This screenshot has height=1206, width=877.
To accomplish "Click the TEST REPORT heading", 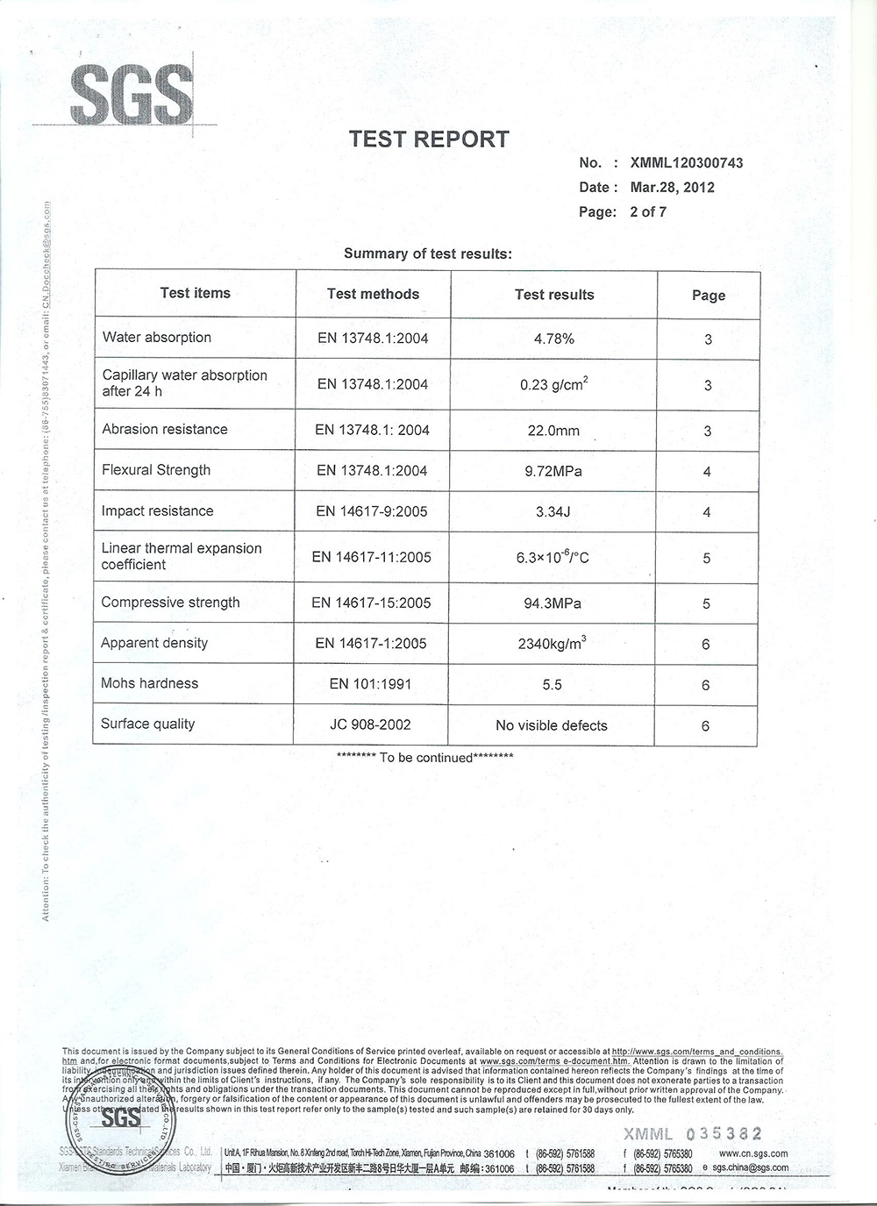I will coord(429,139).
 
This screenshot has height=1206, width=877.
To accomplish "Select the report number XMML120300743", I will coord(686,162).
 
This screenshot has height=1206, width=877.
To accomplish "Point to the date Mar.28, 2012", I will coord(672,187).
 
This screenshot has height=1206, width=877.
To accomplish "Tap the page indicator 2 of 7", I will coord(648,211).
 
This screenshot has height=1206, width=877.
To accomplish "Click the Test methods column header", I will coord(373,294).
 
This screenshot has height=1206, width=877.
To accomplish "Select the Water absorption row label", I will coord(157,337).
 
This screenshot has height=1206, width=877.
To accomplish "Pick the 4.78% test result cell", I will coord(553,339).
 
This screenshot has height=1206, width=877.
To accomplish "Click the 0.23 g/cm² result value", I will coord(553,384).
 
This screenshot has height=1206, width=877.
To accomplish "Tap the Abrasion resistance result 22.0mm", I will coord(553,431).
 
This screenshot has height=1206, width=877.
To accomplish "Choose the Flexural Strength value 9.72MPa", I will coord(553,471).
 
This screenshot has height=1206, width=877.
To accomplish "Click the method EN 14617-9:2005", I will coord(372,511).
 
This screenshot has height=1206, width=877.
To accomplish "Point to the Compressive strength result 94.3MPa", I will coord(553,603).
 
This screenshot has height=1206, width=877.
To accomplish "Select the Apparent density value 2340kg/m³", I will coord(552,644).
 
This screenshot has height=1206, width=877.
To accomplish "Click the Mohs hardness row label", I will coord(150,683).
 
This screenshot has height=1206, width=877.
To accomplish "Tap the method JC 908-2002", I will coord(371,724).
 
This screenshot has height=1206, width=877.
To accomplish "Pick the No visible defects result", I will coord(551,725).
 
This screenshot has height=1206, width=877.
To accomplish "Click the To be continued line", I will coord(425,757).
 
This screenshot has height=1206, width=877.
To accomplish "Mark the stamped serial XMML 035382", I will coord(692,1133).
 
